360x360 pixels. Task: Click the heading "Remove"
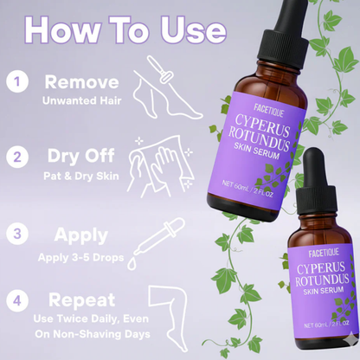click(81, 82)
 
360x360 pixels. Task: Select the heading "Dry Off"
click(81, 157)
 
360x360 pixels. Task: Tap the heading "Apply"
click(81, 234)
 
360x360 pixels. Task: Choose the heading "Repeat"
click(81, 300)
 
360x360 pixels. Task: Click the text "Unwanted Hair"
click(81, 100)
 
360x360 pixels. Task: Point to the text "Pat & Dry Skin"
click(81, 176)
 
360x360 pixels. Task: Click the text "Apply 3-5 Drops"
click(81, 256)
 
